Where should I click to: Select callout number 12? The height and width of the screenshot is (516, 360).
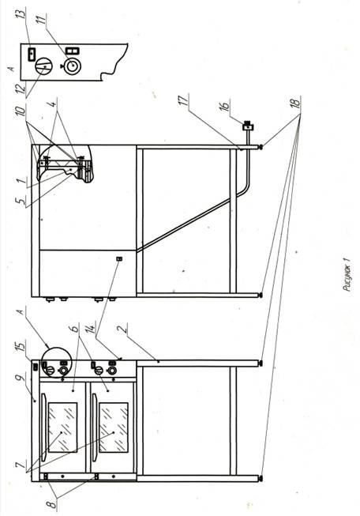point(21,89)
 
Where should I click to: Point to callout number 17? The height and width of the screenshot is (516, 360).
point(185,100)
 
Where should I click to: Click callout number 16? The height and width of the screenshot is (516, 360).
point(224,106)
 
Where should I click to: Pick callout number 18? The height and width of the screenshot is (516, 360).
point(296,102)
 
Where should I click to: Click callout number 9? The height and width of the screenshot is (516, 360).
point(21,381)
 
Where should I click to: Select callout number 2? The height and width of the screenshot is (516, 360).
point(122,330)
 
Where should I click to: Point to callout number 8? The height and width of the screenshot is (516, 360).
point(53,503)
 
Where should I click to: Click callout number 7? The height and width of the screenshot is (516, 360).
point(21,465)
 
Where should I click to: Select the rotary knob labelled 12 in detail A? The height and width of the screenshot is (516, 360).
point(43,66)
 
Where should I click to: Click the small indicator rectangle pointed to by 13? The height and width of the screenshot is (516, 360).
point(32,54)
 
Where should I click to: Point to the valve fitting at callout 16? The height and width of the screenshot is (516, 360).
point(248,126)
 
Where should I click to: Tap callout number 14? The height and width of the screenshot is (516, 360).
point(91,327)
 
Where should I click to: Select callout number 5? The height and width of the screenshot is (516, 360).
point(21,200)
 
